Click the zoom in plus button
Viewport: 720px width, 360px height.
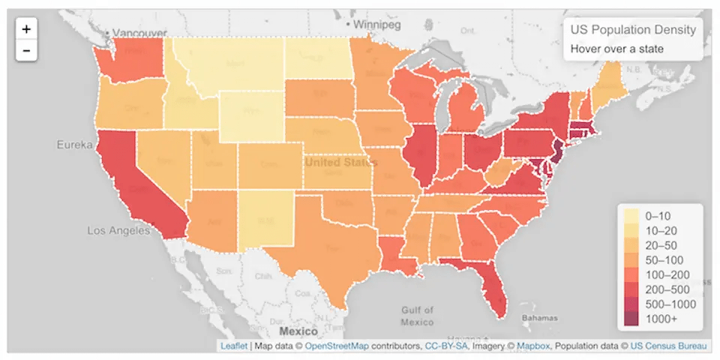26,29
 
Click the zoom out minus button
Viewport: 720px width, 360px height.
26,50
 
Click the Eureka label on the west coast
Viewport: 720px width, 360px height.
74,144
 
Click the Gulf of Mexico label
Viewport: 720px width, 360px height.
416,316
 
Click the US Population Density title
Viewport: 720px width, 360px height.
632,30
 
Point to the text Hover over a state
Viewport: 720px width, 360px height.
616,49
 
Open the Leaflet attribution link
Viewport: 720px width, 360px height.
233,346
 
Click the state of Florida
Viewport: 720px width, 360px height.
487,285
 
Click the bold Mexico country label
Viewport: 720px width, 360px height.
299,330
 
